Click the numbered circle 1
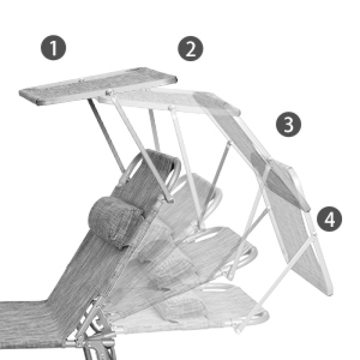point(54,48)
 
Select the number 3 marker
point(288,126)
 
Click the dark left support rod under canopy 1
point(106,135)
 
